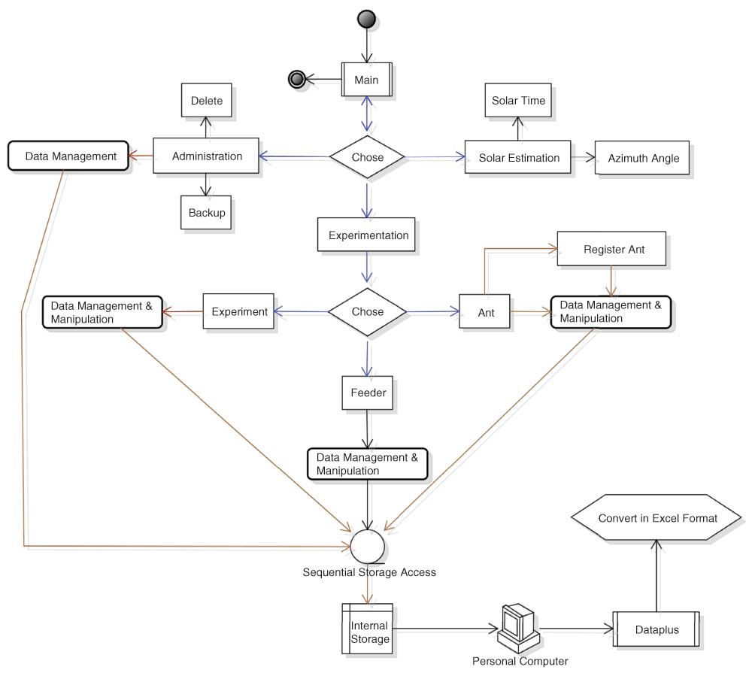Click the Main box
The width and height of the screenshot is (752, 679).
point(367,80)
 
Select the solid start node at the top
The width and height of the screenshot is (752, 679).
point(366,20)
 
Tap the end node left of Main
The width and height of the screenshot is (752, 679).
point(296,79)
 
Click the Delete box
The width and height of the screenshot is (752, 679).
point(207,100)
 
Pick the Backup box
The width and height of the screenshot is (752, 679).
point(207,213)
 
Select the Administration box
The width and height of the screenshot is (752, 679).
point(206,156)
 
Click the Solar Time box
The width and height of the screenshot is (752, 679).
point(518,100)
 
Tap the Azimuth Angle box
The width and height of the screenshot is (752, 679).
point(643,158)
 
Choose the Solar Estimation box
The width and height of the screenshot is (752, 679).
point(518,158)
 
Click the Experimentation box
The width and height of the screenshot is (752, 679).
point(368,235)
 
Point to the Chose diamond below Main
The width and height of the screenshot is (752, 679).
point(367,157)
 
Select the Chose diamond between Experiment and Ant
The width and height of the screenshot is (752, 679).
point(367,311)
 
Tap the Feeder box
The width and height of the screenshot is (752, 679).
point(368,393)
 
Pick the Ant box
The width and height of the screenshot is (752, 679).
point(485,312)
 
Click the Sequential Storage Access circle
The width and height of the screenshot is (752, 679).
point(368,544)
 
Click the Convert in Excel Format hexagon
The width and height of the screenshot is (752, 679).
point(657,518)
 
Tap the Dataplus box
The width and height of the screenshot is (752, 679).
point(656,630)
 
